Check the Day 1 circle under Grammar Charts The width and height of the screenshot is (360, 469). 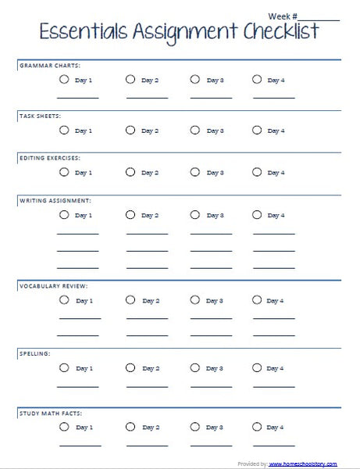[63, 80]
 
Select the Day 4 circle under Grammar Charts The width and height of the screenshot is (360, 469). [257, 80]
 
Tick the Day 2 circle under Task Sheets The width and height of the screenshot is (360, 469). [130, 131]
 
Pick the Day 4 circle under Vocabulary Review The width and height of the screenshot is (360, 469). [257, 300]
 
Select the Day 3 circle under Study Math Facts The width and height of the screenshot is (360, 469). [194, 427]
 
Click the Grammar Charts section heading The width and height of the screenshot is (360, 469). [50, 66]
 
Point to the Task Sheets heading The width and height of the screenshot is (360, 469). [40, 116]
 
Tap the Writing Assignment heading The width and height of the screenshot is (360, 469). [55, 201]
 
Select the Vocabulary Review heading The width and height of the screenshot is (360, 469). [53, 286]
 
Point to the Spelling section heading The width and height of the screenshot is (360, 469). [34, 354]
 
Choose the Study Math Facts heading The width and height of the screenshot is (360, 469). [51, 413]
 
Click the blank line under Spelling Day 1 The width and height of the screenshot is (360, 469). [78, 385]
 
